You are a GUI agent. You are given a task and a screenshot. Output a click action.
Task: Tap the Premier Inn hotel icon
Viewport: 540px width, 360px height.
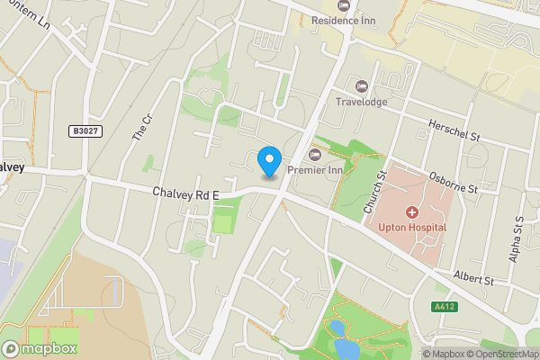314,155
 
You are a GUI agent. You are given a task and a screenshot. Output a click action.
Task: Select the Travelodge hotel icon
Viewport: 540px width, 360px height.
362,85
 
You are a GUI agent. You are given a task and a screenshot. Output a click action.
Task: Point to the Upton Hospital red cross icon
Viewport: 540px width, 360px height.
412,212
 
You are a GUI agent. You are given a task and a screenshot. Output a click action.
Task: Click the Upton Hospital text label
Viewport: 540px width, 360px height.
412,228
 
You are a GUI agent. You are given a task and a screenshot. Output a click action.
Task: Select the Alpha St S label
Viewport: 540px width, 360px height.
518,238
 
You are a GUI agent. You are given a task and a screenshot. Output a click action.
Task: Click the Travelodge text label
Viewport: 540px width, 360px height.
361,102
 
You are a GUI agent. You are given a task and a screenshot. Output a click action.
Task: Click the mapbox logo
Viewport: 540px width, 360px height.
40,348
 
